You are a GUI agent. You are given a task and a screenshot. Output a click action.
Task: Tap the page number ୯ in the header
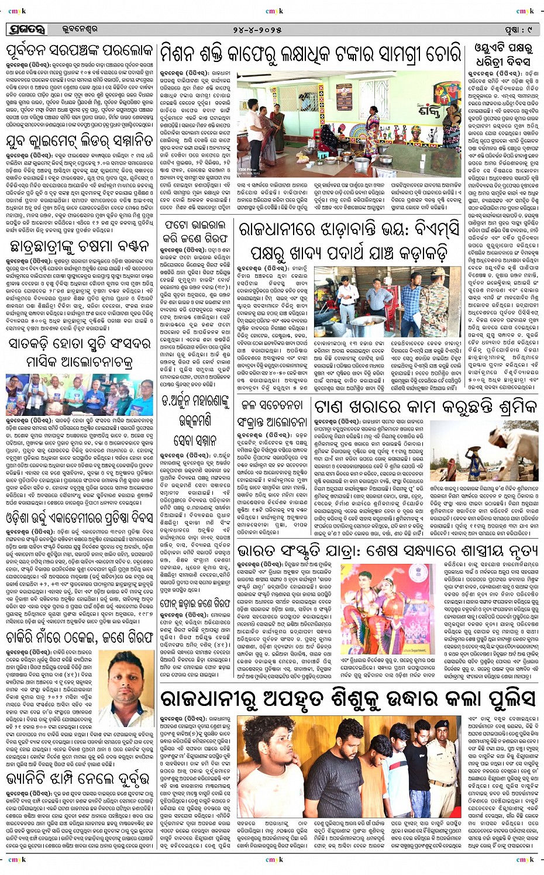tap(529, 29)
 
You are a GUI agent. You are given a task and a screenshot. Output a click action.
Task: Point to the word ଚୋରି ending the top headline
tap(443, 55)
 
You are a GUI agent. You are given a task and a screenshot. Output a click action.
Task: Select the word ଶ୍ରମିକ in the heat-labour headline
tap(508, 407)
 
